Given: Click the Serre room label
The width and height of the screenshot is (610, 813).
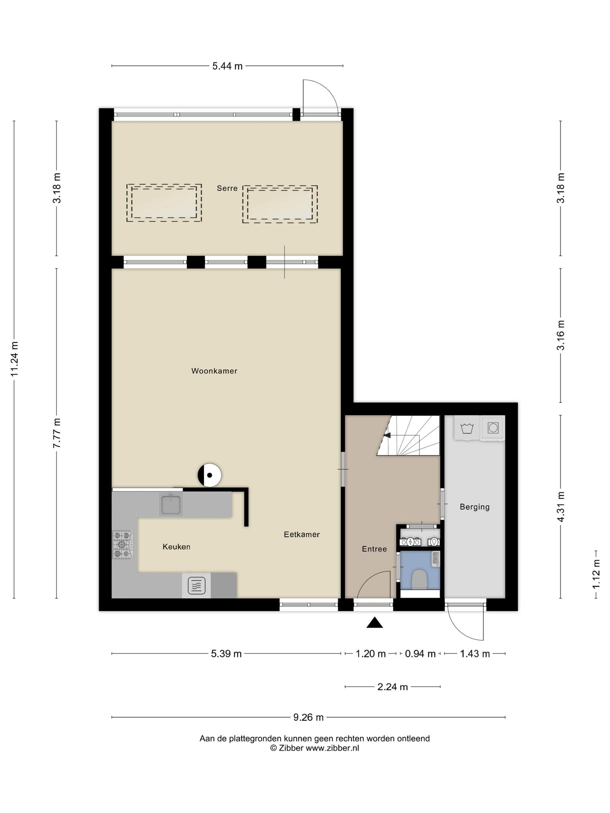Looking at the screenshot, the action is tap(227, 188).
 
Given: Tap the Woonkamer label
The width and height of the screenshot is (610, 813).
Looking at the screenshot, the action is tap(214, 371).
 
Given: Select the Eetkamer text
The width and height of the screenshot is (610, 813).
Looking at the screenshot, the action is tap(302, 534).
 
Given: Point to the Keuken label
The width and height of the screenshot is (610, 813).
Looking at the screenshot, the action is tap(176, 547).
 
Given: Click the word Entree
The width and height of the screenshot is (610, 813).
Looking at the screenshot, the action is tap(374, 549).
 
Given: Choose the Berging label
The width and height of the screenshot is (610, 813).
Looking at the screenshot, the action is tap(475, 507).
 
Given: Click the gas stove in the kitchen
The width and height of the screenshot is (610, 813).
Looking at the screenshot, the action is tap(123, 545).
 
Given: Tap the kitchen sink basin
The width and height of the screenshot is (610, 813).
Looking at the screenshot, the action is tap(171, 504).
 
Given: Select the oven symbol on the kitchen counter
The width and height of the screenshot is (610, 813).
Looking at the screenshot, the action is tap(197, 585).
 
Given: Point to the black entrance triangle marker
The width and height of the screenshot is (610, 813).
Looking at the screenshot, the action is tap(374, 623).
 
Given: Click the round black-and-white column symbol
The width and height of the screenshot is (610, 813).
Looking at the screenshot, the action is tap(209, 475).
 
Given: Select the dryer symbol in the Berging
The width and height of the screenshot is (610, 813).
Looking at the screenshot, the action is tap(492, 428).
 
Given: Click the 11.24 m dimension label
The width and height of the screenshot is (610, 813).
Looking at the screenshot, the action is tap(14, 359).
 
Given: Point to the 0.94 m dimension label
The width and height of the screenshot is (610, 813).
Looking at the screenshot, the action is tap(420, 654).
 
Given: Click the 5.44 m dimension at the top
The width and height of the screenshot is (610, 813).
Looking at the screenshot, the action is tap(227, 66).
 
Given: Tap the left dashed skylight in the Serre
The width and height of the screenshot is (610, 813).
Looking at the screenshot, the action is tap(164, 203).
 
